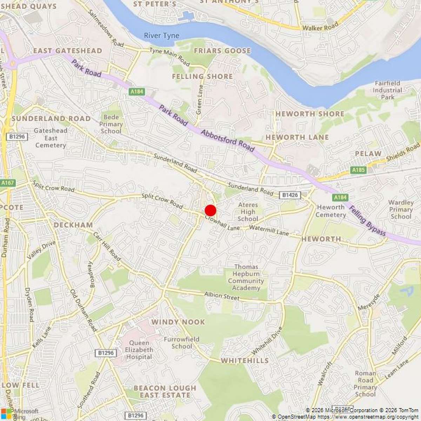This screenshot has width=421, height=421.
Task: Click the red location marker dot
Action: click(x=210, y=210)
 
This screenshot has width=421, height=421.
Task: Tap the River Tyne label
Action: click(x=161, y=35)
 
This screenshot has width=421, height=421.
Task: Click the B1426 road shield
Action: click(x=290, y=195)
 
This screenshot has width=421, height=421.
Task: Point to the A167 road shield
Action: click(x=8, y=183)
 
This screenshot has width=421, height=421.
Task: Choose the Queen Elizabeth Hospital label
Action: click(x=139, y=350)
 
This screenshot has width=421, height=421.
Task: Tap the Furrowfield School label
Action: click(x=182, y=343)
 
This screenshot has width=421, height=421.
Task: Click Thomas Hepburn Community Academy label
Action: click(x=246, y=278)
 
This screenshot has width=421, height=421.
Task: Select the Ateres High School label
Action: click(x=248, y=212)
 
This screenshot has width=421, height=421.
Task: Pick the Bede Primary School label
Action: click(x=111, y=124)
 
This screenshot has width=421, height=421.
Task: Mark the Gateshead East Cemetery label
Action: click(x=51, y=138)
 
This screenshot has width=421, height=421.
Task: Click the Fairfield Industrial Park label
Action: click(x=387, y=90)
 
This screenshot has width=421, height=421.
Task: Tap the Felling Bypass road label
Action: click(x=367, y=221)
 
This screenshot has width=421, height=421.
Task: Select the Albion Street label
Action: click(x=222, y=296)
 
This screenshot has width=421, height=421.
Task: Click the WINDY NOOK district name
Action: click(x=178, y=322)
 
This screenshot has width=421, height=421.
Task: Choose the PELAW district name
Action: click(x=368, y=154)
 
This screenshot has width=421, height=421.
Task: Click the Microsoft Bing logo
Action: click(x=19, y=414)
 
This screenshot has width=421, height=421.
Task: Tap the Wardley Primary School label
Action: click(x=401, y=209)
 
